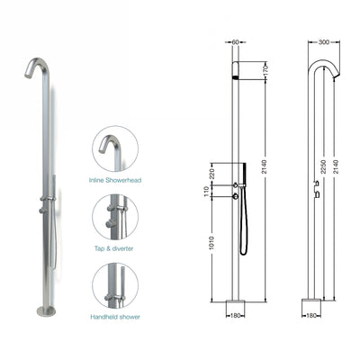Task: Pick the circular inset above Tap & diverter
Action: coord(115,217)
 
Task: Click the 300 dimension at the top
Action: coord(321,41)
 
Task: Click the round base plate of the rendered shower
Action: coord(46,311)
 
